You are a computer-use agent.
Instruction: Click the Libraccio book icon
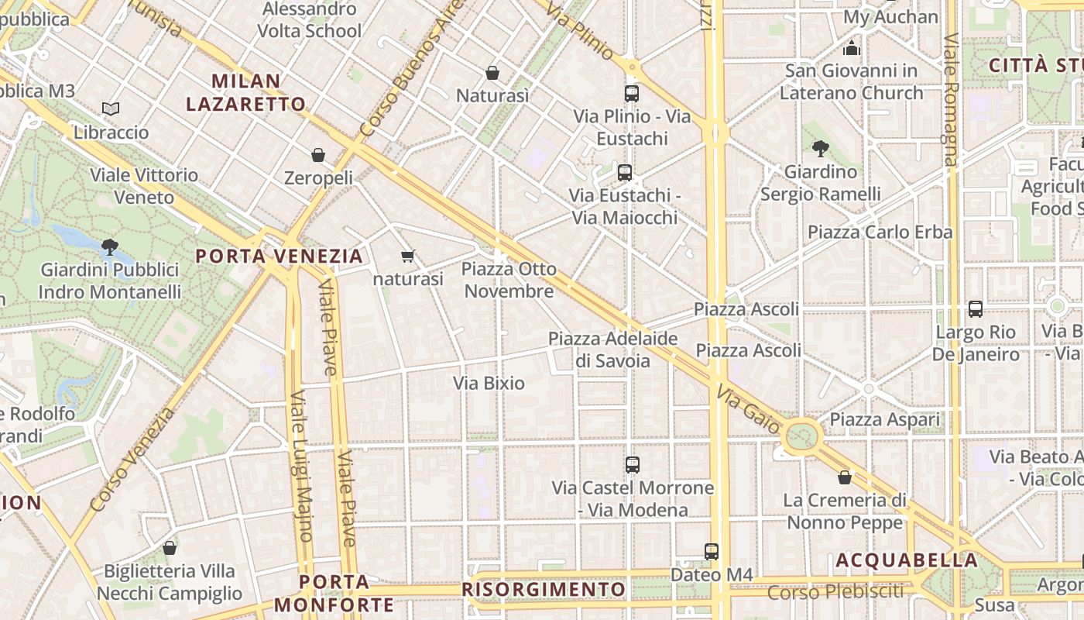pyautogui.click(x=111, y=109)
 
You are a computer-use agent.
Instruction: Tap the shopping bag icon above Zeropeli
pyautogui.click(x=317, y=155)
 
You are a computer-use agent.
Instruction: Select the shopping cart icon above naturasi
pyautogui.click(x=408, y=256)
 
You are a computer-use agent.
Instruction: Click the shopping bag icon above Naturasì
pyautogui.click(x=492, y=73)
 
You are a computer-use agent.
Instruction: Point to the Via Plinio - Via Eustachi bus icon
pyautogui.click(x=632, y=94)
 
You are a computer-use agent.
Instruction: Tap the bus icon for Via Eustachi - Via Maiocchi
pyautogui.click(x=625, y=173)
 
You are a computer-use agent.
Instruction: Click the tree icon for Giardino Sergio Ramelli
pyautogui.click(x=821, y=148)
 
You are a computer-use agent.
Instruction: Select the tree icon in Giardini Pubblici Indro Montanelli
pyautogui.click(x=109, y=247)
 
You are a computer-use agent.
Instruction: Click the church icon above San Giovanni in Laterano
pyautogui.click(x=852, y=49)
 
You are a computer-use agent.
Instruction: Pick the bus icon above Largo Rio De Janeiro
pyautogui.click(x=976, y=309)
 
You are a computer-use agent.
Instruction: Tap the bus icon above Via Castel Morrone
pyautogui.click(x=633, y=465)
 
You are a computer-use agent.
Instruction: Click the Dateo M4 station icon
pyautogui.click(x=712, y=552)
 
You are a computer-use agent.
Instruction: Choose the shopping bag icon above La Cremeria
pyautogui.click(x=845, y=477)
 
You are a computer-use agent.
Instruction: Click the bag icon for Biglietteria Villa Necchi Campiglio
pyautogui.click(x=170, y=548)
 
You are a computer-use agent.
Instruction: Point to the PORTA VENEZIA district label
pyautogui.click(x=279, y=256)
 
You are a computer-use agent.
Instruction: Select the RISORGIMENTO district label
pyautogui.click(x=544, y=589)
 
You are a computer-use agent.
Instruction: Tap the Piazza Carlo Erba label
pyautogui.click(x=880, y=232)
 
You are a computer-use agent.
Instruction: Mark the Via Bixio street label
pyautogui.click(x=489, y=383)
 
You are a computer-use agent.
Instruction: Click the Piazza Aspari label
pyautogui.click(x=885, y=420)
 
